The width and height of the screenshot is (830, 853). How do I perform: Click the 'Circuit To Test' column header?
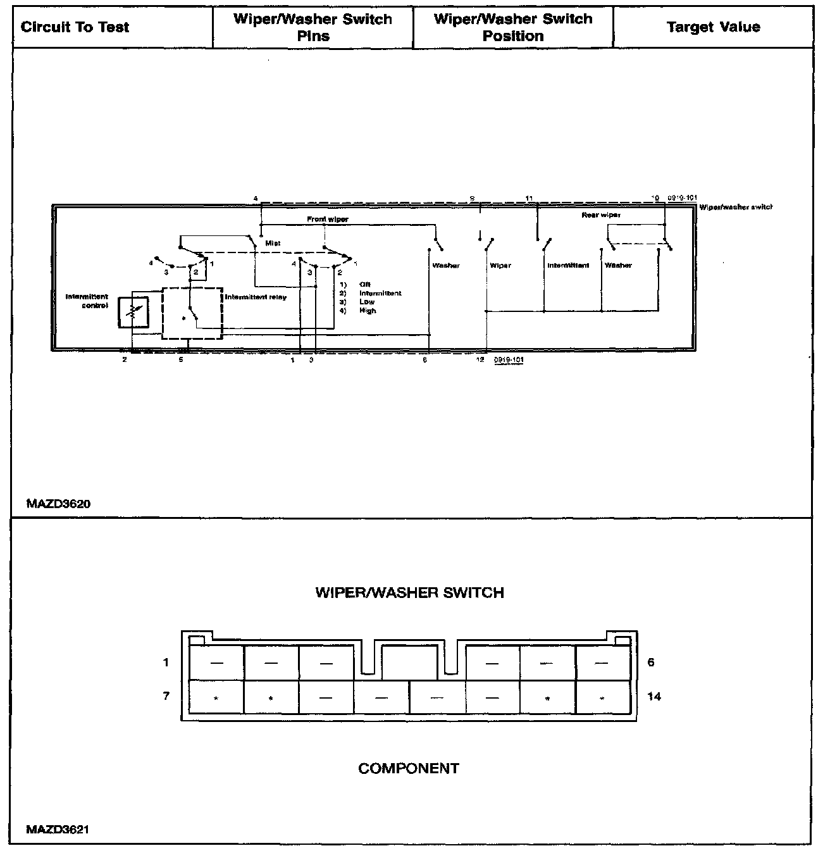coord(75,27)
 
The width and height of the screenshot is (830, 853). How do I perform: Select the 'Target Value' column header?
coord(713,27)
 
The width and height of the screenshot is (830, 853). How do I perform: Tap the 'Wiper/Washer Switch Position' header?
coord(513,27)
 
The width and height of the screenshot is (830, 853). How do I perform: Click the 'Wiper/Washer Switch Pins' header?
coord(313,27)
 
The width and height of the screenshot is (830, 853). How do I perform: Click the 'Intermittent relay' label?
coord(256,297)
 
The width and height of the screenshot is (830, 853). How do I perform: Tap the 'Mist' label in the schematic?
coord(273,243)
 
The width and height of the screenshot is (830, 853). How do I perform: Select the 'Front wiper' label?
coord(328,219)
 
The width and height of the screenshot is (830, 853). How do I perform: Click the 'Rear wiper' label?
coord(601,215)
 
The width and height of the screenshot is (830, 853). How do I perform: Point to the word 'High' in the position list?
coord(368,311)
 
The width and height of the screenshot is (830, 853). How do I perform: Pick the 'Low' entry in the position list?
coord(367,302)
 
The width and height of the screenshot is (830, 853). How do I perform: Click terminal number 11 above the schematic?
coord(529,198)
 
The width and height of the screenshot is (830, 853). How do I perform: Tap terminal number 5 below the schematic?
coord(181,359)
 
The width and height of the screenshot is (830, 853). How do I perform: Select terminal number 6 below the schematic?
coord(425,359)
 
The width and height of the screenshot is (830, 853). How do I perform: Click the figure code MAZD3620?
coord(58,504)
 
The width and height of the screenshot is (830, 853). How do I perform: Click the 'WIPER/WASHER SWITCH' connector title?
coord(409,593)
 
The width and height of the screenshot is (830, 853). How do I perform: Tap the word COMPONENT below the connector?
coord(409,768)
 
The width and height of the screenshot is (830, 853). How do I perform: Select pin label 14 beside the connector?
coord(654,696)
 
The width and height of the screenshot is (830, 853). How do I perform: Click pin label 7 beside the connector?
coord(166,696)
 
